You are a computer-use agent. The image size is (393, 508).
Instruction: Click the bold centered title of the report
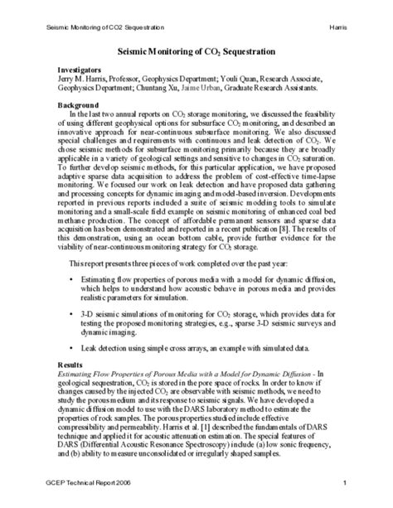[x=196, y=51]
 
